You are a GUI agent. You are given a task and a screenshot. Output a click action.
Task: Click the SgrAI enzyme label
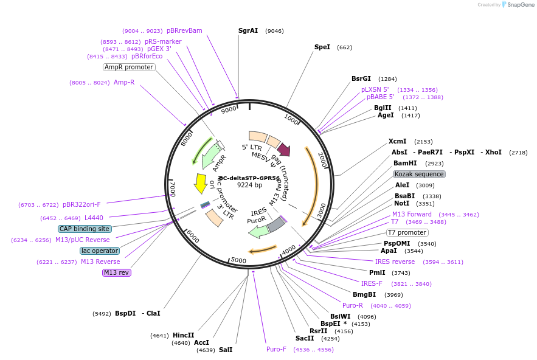point(248,30)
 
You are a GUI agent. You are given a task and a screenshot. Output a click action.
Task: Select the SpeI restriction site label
point(322,47)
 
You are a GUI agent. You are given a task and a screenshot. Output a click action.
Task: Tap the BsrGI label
point(361,78)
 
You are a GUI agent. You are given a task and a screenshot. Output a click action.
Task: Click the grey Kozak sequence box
point(420,174)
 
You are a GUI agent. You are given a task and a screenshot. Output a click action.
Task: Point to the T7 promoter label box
point(407,233)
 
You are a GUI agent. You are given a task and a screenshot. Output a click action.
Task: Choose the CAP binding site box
point(85,229)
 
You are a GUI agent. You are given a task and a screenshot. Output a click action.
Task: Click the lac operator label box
point(100,251)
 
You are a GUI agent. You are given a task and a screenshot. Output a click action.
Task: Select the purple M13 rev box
point(116,272)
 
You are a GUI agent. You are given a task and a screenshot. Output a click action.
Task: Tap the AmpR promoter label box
point(129,67)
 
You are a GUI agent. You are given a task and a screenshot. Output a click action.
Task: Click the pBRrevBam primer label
point(184,30)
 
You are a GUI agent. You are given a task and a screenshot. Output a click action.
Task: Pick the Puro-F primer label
point(276,349)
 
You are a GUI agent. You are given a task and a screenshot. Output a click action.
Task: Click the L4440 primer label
point(94,218)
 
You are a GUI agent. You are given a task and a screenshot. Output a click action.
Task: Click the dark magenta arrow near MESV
point(283,149)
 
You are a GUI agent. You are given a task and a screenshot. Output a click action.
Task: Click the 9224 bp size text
point(249,185)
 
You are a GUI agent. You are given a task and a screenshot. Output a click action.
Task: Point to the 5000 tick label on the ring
point(238,260)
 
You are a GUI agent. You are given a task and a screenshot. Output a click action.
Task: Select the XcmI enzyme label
point(398,141)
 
